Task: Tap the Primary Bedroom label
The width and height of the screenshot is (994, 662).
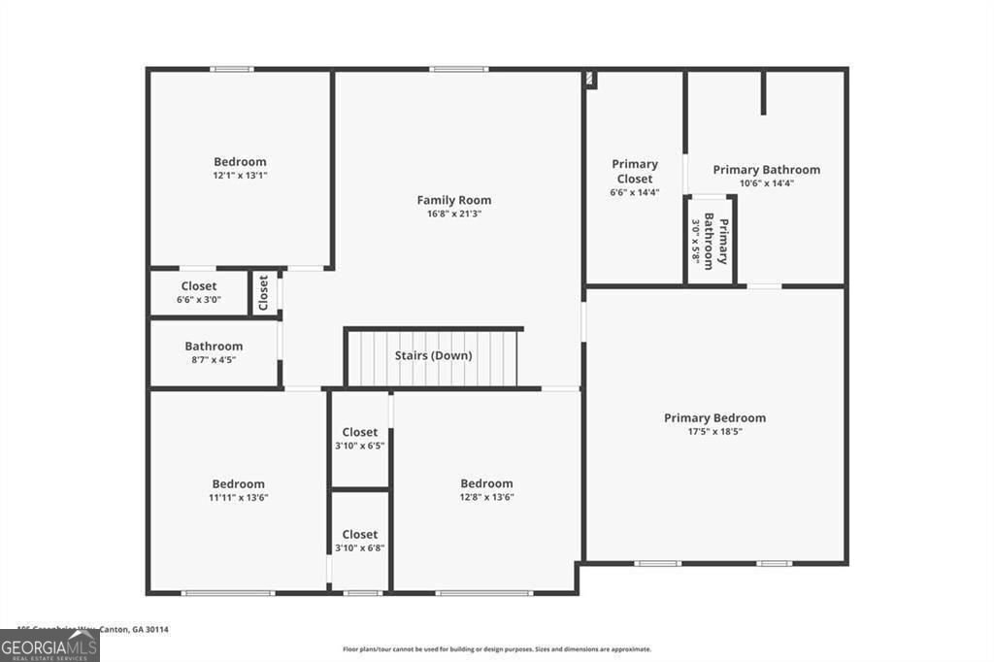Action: pyautogui.click(x=714, y=418)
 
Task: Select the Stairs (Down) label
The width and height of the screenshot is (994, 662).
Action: pyautogui.click(x=433, y=355)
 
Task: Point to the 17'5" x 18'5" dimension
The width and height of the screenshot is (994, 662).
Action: pyautogui.click(x=714, y=432)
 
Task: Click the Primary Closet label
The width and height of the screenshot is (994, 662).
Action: pyautogui.click(x=635, y=171)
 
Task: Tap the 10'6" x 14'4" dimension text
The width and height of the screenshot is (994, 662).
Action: pyautogui.click(x=766, y=183)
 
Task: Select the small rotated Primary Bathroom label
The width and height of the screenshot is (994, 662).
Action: pyautogui.click(x=716, y=240)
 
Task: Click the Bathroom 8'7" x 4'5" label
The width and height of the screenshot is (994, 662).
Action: pyautogui.click(x=214, y=352)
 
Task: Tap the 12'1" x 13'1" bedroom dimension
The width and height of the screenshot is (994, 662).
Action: pyautogui.click(x=240, y=176)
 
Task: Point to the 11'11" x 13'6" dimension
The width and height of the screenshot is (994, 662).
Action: pyautogui.click(x=238, y=498)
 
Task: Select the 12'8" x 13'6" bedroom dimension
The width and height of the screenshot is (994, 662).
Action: pyautogui.click(x=486, y=498)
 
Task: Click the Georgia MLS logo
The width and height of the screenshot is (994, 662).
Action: pyautogui.click(x=50, y=646)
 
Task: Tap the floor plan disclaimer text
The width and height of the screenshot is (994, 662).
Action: pyautogui.click(x=496, y=649)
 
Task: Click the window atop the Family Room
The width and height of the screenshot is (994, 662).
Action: pyautogui.click(x=458, y=69)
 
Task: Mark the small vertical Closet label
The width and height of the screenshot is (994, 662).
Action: pyautogui.click(x=263, y=293)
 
